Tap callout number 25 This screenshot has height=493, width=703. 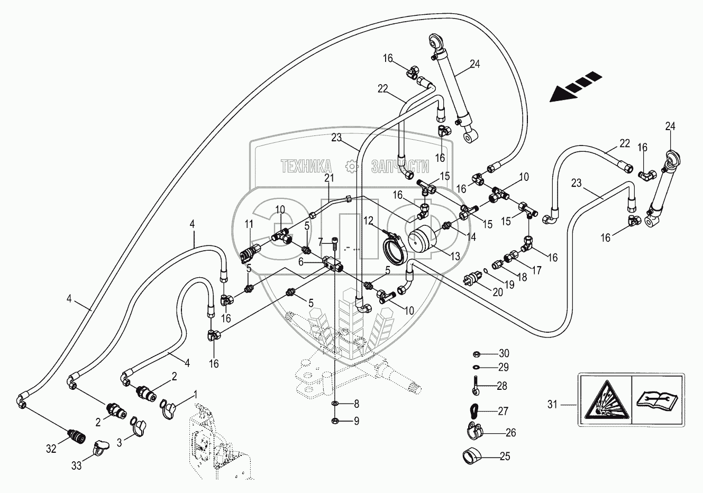coord(505,455)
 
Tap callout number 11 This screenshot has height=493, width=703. coord(249,225)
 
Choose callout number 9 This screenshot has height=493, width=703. coord(355,421)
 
